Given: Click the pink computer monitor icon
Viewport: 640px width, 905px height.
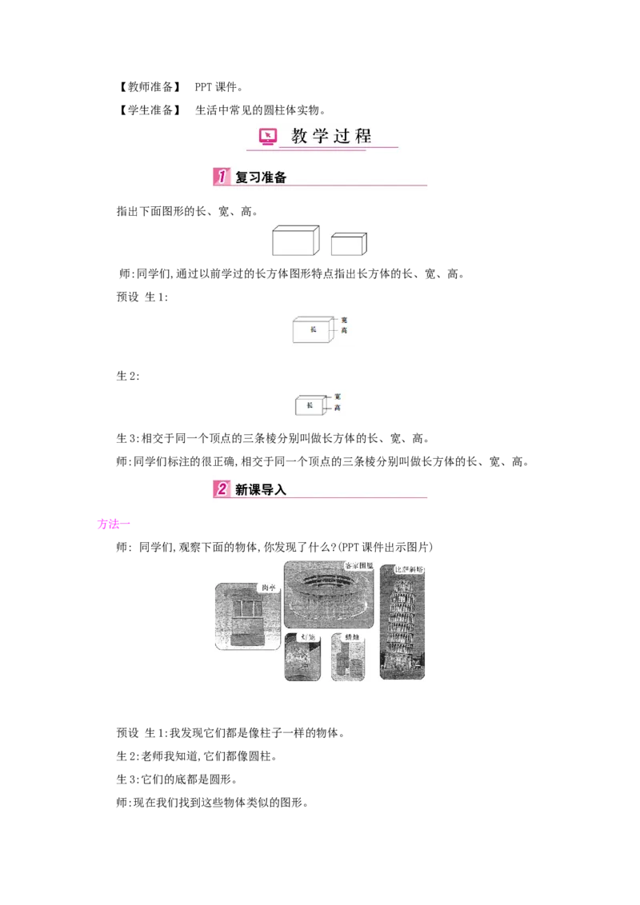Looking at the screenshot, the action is pyautogui.click(x=269, y=136).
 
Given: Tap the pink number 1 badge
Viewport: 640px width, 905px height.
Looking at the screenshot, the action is pyautogui.click(x=221, y=177).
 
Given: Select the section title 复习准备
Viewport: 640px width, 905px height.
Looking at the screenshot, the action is pyautogui.click(x=261, y=177).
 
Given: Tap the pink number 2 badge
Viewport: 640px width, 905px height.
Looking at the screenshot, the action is pyautogui.click(x=221, y=488).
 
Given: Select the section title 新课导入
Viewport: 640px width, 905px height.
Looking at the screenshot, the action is pyautogui.click(x=261, y=489).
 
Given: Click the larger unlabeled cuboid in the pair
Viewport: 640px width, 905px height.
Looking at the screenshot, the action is pyautogui.click(x=295, y=241).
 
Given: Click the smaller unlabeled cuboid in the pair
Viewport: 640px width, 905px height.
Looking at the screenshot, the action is pyautogui.click(x=349, y=244).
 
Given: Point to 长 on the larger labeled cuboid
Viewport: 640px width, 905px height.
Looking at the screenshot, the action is pyautogui.click(x=313, y=329).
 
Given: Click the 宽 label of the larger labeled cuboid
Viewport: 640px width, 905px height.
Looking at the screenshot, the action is pyautogui.click(x=344, y=320).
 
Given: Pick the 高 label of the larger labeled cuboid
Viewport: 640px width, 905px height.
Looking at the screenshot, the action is pyautogui.click(x=344, y=330).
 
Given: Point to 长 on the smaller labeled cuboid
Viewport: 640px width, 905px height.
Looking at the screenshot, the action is pyautogui.click(x=309, y=405).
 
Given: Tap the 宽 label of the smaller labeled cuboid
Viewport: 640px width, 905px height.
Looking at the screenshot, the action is pyautogui.click(x=338, y=397).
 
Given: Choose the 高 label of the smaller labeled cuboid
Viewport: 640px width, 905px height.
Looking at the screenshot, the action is pyautogui.click(x=338, y=408).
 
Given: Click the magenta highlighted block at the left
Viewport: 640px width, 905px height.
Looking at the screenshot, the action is pyautogui.click(x=110, y=524).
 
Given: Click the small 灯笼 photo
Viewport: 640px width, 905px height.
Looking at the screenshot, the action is pyautogui.click(x=302, y=658).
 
